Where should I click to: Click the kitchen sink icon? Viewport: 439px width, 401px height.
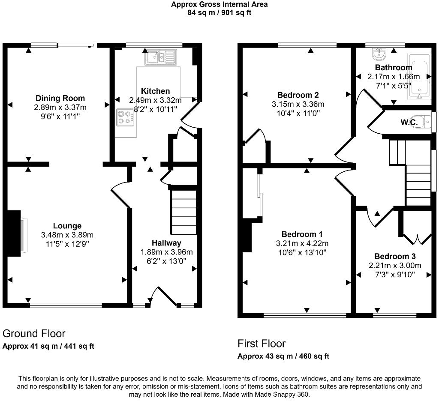(x=161, y=57)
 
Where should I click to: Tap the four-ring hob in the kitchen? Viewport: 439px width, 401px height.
(x=125, y=117)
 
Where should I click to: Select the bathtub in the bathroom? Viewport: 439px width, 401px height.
(x=419, y=76)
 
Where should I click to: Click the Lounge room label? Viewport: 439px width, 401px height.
(x=67, y=226)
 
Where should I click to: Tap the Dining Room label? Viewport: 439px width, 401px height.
(x=60, y=98)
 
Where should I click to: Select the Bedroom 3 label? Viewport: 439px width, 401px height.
(x=394, y=257)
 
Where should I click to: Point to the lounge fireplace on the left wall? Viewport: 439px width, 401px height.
(x=15, y=233)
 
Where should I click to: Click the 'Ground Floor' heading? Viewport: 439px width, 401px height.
(x=34, y=333)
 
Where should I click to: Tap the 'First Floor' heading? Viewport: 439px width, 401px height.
(x=262, y=343)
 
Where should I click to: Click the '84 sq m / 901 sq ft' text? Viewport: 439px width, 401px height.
(x=219, y=12)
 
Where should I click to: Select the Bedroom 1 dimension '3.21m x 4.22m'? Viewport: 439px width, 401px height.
(x=302, y=243)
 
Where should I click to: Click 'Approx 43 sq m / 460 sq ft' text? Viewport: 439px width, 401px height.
(x=283, y=356)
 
